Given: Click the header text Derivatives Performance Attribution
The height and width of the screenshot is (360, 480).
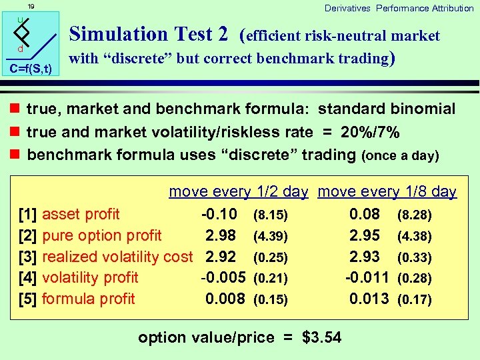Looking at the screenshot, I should [x=399, y=8].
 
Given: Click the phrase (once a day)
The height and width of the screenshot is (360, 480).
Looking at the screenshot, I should [x=400, y=156].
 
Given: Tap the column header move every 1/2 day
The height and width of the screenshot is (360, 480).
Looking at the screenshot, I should [x=239, y=192].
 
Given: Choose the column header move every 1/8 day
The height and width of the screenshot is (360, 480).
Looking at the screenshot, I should [x=387, y=192].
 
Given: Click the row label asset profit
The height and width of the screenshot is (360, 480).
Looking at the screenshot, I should [x=81, y=214].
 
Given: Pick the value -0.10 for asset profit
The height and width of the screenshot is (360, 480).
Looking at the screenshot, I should [x=219, y=214].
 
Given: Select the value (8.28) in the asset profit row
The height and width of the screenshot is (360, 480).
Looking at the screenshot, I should [x=414, y=215].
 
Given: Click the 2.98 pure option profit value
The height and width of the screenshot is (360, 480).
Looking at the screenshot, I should [x=221, y=235].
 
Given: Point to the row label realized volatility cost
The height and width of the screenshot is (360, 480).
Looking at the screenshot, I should [x=117, y=257].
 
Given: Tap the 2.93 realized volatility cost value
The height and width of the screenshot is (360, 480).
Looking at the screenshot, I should [x=365, y=257].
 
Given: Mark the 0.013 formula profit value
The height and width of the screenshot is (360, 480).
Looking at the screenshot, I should [x=369, y=299].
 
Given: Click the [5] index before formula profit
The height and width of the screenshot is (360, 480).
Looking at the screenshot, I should [x=28, y=299].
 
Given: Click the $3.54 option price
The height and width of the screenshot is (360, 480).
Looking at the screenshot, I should [x=321, y=337].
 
